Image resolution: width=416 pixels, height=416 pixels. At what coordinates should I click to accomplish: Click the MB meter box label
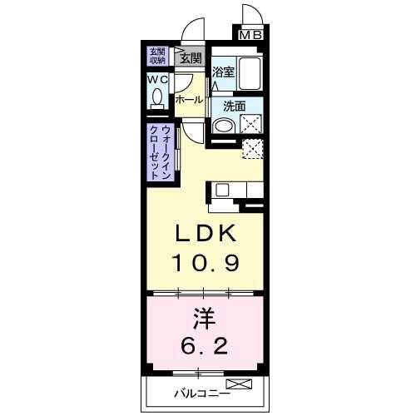click(x=250, y=35)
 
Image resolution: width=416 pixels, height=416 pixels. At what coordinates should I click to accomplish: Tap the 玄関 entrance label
click(x=191, y=58)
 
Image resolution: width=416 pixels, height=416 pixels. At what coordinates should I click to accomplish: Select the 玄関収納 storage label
click(x=157, y=56)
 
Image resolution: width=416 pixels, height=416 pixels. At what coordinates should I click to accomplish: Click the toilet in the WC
click(x=157, y=98)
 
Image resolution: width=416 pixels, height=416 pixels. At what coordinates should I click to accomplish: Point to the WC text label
click(x=157, y=80)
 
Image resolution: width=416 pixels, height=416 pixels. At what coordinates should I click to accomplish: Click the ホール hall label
click(x=190, y=100)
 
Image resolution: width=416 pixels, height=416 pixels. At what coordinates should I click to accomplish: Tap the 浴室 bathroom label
click(x=224, y=72)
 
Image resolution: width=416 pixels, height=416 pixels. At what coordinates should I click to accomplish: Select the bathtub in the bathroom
click(x=250, y=73)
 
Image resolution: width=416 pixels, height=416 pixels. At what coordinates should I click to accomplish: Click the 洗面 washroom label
click(x=235, y=106)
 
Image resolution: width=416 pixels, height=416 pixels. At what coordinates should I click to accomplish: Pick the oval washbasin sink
click(x=224, y=126)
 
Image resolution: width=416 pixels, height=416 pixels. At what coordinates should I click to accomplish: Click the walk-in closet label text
click(x=161, y=152)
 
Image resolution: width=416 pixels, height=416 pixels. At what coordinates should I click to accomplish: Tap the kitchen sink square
click(x=222, y=191)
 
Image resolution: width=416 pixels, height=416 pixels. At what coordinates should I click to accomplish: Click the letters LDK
click(x=205, y=233)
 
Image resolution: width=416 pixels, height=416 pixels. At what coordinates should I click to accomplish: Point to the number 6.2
click(x=205, y=345)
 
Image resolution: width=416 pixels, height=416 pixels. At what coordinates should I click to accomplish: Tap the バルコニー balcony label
click(x=202, y=394)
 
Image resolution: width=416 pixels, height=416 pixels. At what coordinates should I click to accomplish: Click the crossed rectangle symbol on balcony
click(x=239, y=384)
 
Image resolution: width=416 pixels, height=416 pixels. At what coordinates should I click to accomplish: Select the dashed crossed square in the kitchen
click(x=253, y=149)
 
